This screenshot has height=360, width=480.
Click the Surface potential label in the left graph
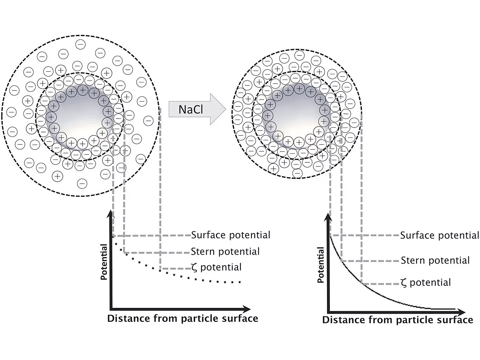[231, 235]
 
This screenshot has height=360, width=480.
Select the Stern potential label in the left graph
[225, 251]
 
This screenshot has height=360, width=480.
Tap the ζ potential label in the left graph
[216, 267]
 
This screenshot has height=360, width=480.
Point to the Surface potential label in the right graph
[439, 235]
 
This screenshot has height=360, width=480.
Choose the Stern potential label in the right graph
[435, 260]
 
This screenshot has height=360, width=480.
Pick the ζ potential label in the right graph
[425, 283]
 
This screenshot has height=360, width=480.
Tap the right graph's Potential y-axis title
[321, 265]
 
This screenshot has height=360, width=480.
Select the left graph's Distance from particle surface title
[183, 319]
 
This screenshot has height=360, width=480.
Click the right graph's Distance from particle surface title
[398, 320]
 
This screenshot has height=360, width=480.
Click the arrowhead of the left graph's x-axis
[246, 308]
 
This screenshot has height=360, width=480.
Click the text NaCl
[190, 109]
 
